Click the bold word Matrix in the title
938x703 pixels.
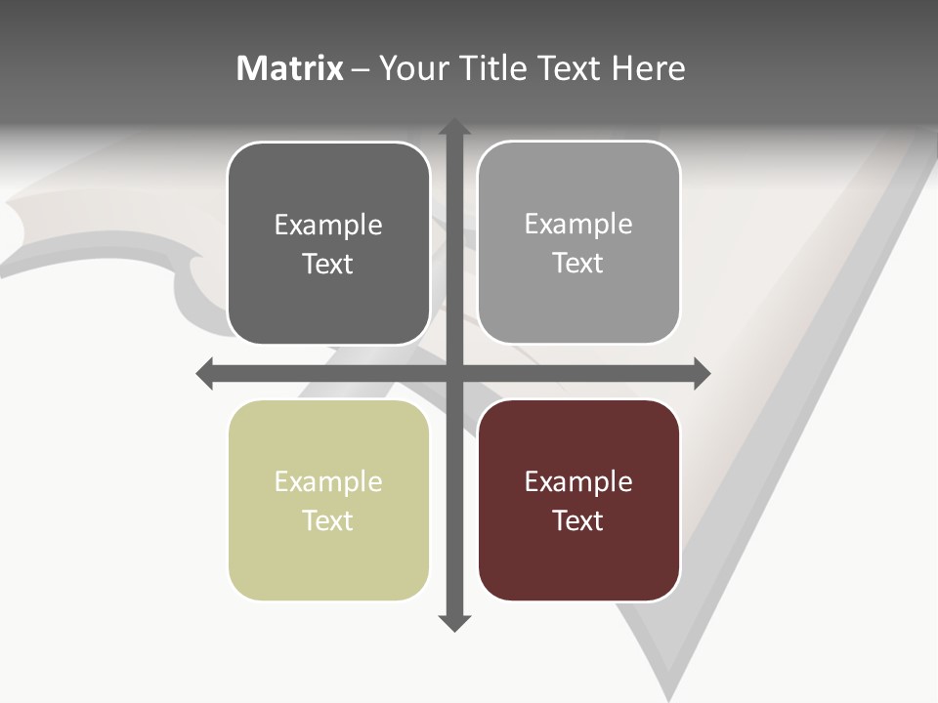tap(290, 68)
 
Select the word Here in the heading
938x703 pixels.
tap(648, 68)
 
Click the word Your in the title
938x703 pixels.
tap(413, 68)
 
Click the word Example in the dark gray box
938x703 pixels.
tap(328, 225)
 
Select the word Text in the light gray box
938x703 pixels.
tap(578, 263)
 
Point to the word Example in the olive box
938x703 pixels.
tap(328, 481)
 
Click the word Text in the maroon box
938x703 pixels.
tap(578, 520)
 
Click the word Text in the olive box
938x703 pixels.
tap(328, 520)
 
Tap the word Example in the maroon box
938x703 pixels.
tap(578, 481)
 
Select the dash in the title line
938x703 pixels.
tap(361, 69)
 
